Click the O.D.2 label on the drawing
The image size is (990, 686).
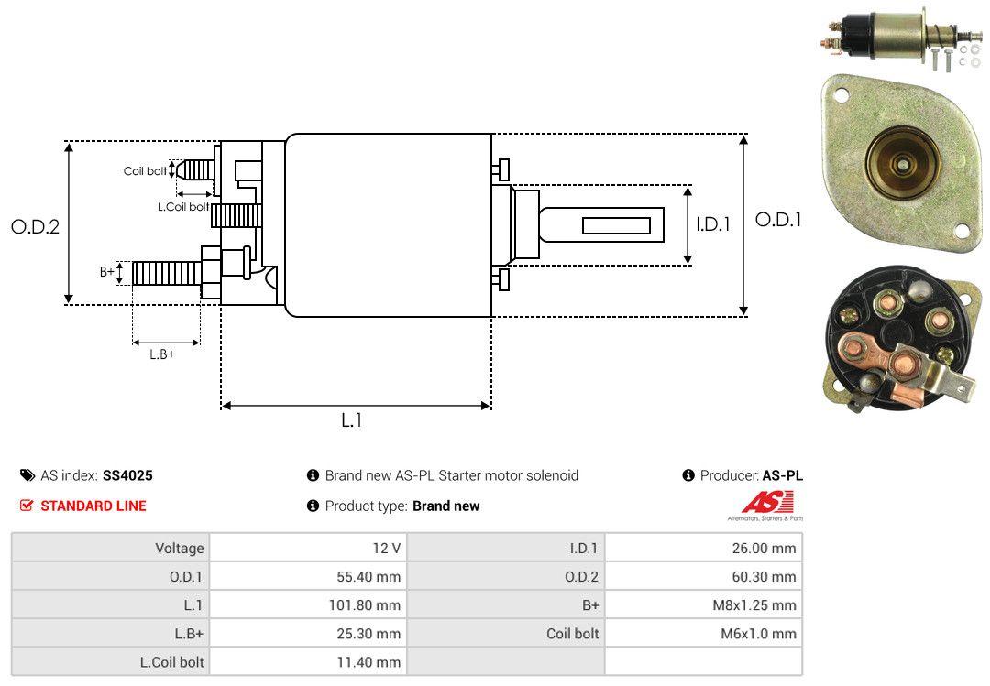point(35,226)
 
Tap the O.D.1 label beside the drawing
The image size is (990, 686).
point(778,220)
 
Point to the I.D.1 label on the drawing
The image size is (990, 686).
point(712,223)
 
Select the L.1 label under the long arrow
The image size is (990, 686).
point(352,420)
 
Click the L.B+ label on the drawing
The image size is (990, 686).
point(162,354)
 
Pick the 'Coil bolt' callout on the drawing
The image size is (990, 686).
point(145,171)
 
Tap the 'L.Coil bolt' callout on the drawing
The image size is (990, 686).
point(183,207)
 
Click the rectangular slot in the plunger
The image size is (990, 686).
point(616,225)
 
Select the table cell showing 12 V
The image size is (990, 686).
point(308,548)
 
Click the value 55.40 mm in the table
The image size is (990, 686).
point(308,576)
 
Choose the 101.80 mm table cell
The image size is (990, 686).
point(308,604)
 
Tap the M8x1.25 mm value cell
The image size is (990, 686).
point(703,604)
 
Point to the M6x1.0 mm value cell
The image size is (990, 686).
point(703,633)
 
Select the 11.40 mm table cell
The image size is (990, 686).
point(308,661)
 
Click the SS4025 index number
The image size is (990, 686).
point(127,475)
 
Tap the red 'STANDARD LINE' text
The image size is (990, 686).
point(93,506)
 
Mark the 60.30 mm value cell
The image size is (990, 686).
point(703,576)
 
